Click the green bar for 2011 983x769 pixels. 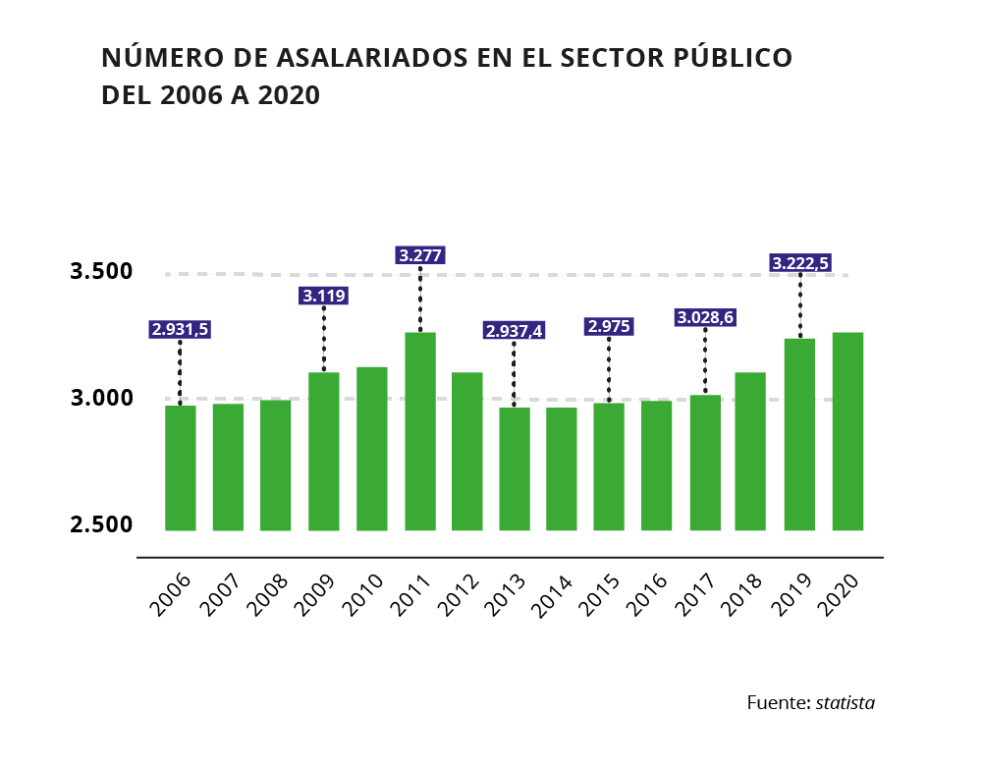click(x=420, y=431)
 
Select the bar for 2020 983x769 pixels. click(x=847, y=431)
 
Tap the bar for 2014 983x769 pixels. click(x=562, y=468)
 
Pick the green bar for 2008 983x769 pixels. click(x=275, y=465)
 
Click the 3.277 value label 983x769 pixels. click(x=420, y=255)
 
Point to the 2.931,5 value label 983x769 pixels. click(x=180, y=330)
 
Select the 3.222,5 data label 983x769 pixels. click(x=800, y=262)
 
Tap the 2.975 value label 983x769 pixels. click(x=609, y=327)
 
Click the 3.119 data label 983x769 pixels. click(x=324, y=296)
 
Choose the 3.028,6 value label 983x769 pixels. click(x=705, y=317)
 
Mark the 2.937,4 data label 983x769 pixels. click(x=514, y=331)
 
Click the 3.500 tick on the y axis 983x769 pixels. click(x=101, y=272)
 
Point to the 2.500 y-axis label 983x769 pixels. click(x=101, y=524)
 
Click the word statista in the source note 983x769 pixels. click(x=845, y=703)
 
